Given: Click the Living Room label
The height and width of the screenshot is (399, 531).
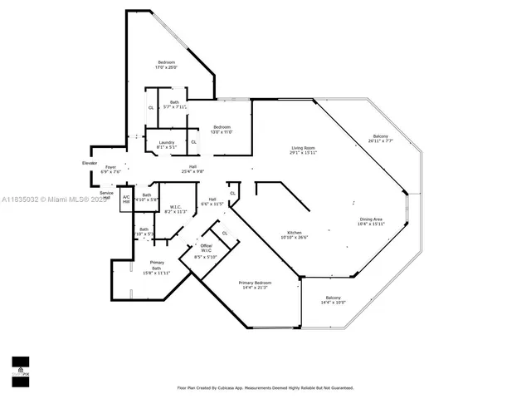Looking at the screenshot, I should (x=302, y=148).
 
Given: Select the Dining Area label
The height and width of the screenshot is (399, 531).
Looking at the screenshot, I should (x=372, y=219).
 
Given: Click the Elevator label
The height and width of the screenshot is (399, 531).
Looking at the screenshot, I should (x=90, y=163).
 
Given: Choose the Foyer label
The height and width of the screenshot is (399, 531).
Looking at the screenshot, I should (x=110, y=167).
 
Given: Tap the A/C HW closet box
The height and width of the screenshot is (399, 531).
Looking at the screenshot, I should (x=126, y=199).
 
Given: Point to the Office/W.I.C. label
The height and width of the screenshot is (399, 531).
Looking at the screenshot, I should (x=206, y=247).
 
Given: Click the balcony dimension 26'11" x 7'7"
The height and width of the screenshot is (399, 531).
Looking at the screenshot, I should (x=381, y=141).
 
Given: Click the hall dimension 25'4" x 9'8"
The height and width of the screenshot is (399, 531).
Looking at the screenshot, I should (x=192, y=172).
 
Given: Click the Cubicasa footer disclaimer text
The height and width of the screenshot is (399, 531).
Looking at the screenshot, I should (x=265, y=387).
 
